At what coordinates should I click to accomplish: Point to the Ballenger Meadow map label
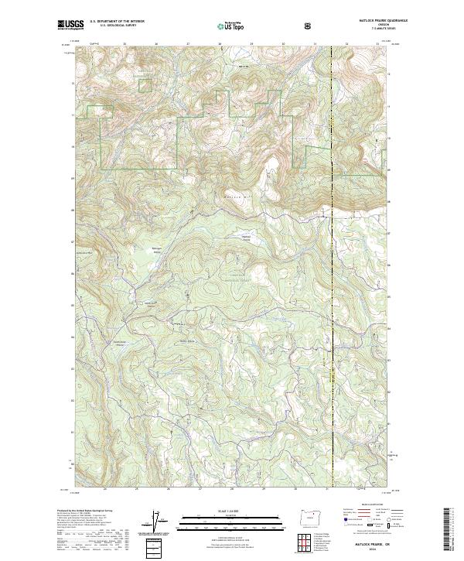click(x=155, y=250)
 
